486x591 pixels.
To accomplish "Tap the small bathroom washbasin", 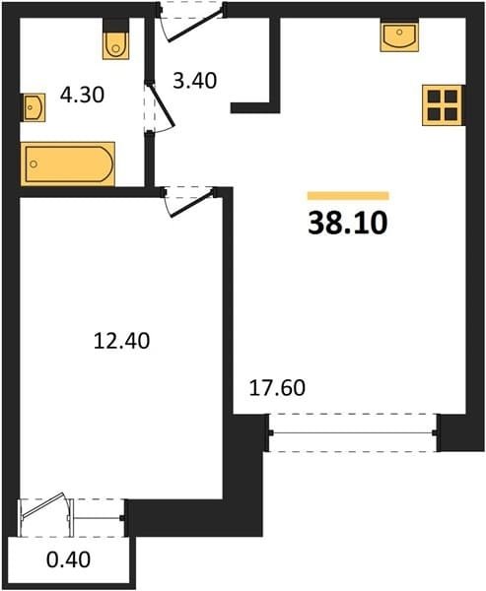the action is [34, 107].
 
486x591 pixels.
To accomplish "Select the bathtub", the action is [68, 164].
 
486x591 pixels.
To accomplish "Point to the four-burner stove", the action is [443, 105].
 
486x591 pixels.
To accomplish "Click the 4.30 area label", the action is [82, 95].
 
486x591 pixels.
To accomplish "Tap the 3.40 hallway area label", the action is [195, 81].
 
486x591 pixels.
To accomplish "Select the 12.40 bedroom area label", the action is [121, 341].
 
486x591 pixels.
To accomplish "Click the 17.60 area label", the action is [277, 388].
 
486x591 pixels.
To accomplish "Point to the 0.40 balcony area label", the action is [68, 559].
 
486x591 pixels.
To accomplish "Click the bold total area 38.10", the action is [348, 223].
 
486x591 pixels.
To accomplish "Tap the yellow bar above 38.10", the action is [348, 196].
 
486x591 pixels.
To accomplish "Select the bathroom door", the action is [161, 107].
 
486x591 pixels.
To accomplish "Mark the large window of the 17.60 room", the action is [353, 432].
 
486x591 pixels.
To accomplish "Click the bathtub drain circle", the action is [34, 164].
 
